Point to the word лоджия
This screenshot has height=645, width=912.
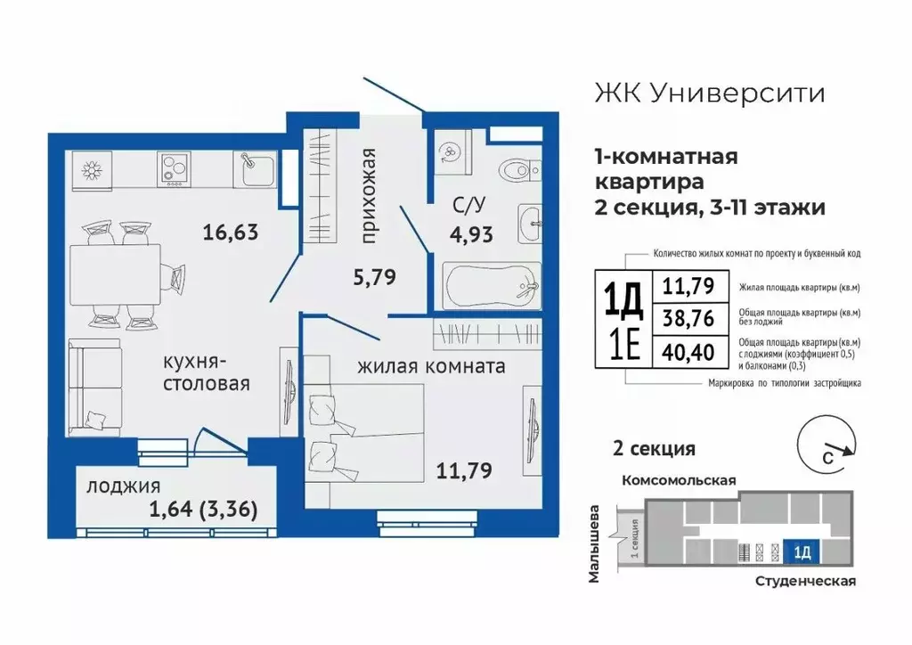point(123,486)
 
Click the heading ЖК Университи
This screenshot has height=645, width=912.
point(708,93)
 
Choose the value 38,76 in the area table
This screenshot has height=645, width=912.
point(686,317)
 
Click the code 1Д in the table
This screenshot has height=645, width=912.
point(623,299)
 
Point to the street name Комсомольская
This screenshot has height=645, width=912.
point(679,480)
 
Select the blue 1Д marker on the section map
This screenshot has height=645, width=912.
point(801,553)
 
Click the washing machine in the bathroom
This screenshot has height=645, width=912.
point(452,151)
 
